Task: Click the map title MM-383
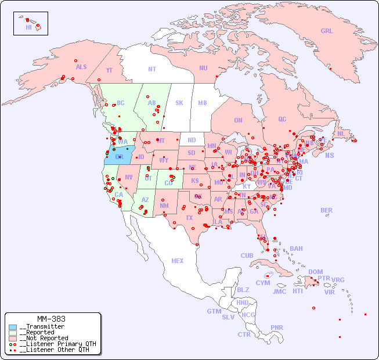[x=50, y=319]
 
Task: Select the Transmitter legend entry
[x=41, y=327]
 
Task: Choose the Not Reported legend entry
[x=44, y=338]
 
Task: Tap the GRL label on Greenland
[x=327, y=31]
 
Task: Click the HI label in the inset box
[x=28, y=27]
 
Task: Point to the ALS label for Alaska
[x=81, y=67]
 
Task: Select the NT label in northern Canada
[x=151, y=69]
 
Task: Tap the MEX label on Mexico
[x=178, y=261]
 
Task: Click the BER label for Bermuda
[x=327, y=210]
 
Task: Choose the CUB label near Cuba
[x=247, y=255]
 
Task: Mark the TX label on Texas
[x=189, y=218]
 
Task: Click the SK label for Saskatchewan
[x=179, y=103]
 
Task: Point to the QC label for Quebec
[x=282, y=120]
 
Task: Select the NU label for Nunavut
[x=203, y=68]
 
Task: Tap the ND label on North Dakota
[x=192, y=141]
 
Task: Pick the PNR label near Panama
[x=277, y=327]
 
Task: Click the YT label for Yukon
[x=109, y=70]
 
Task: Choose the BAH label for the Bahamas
[x=296, y=249]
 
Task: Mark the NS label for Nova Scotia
[x=329, y=155]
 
